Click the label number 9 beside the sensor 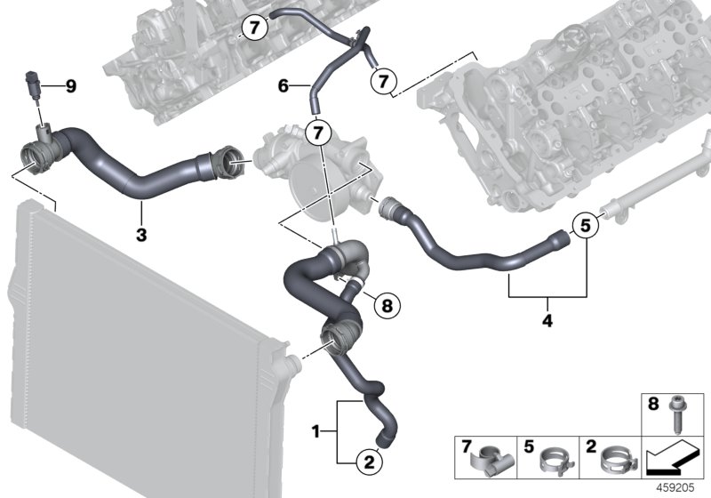click(x=71, y=86)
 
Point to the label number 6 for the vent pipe click(x=284, y=86)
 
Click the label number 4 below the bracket click(x=547, y=320)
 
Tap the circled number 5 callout click(x=585, y=226)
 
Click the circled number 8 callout click(x=385, y=306)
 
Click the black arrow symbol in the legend click(x=673, y=459)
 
